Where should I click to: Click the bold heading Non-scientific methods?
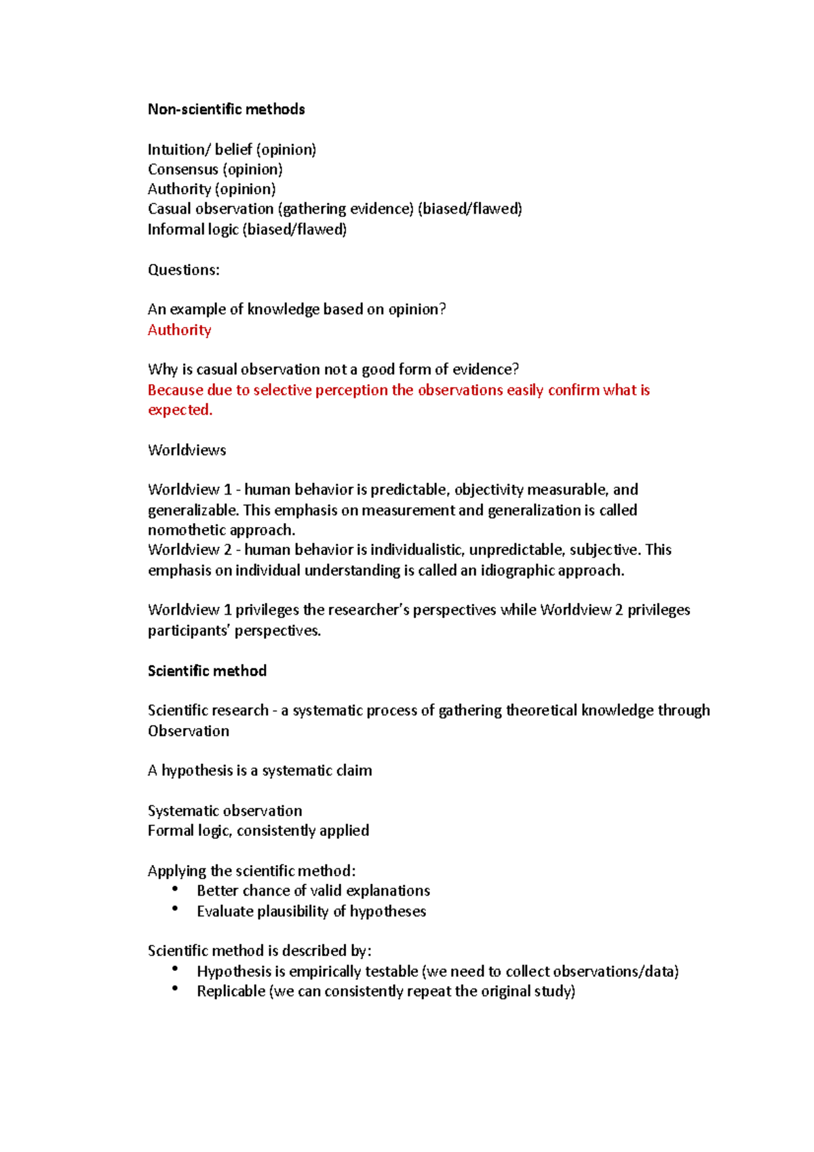pyautogui.click(x=226, y=109)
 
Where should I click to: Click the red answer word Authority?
pyautogui.click(x=179, y=330)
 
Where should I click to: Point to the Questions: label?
pyautogui.click(x=183, y=270)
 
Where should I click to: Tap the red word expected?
pyautogui.click(x=180, y=410)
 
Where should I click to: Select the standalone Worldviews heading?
pyautogui.click(x=187, y=450)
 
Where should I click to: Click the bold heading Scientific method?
pyautogui.click(x=207, y=671)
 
